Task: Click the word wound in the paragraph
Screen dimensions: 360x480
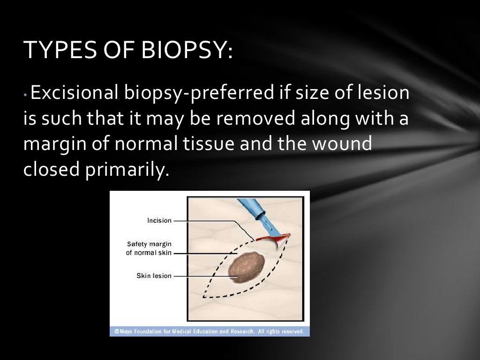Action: pos(341,144)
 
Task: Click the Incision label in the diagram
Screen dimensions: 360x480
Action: pos(159,220)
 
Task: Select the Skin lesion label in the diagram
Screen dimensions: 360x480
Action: pos(154,276)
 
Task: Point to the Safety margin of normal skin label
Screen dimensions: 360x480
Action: pos(149,248)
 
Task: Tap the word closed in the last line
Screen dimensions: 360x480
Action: pos(52,170)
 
